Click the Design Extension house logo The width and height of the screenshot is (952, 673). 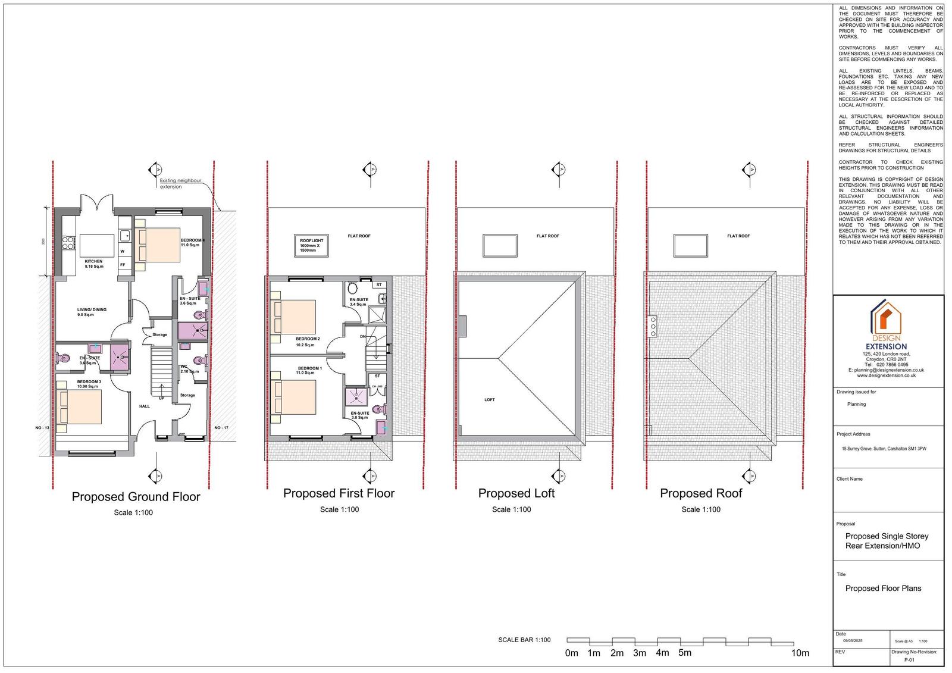(x=886, y=318)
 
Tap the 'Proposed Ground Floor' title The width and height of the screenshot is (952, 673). (x=136, y=497)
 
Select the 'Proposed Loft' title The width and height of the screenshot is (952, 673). (x=516, y=493)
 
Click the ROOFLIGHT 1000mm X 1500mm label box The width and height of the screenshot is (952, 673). (x=312, y=246)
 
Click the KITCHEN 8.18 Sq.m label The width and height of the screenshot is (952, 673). (x=93, y=264)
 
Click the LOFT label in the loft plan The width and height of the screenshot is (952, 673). (x=489, y=400)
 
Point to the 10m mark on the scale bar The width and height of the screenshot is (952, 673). (x=800, y=653)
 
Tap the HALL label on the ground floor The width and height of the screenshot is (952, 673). (x=145, y=406)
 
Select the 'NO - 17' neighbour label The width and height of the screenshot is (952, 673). (x=221, y=428)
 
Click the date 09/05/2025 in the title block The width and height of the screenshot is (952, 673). (x=852, y=640)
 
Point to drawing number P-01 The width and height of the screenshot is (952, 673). (x=909, y=660)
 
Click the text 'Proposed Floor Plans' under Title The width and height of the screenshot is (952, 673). (x=883, y=589)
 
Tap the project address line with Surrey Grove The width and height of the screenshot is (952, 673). (x=884, y=449)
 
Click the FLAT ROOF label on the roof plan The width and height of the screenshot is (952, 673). (x=738, y=236)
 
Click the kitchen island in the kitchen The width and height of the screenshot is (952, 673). (x=96, y=245)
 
